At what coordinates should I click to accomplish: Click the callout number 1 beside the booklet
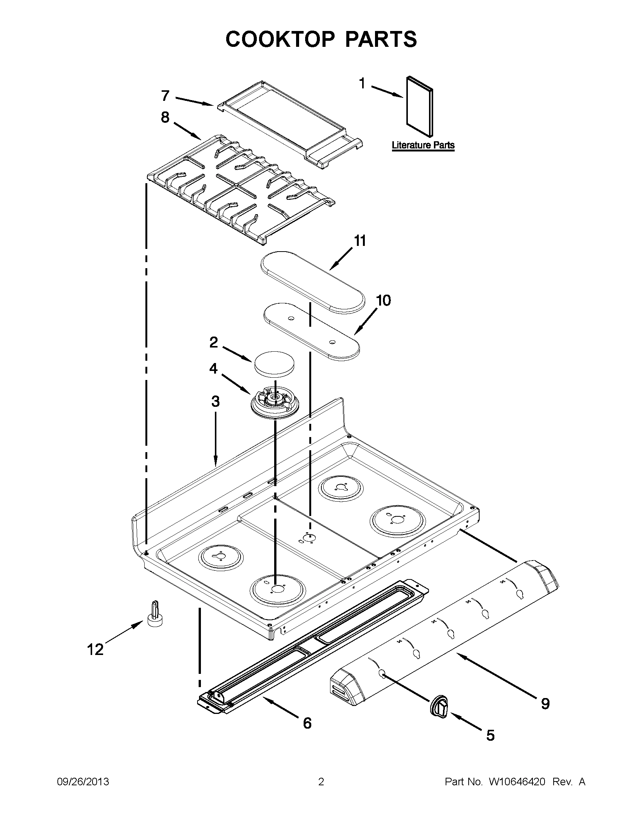coord(362,83)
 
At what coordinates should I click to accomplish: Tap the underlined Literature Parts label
coord(423,145)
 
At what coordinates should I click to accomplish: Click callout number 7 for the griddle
coord(165,96)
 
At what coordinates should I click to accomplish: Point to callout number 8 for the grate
coord(165,117)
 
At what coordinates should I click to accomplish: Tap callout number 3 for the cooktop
coord(215,401)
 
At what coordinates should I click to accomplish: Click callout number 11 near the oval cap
coord(360,241)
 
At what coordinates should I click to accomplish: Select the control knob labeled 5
coord(439,707)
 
